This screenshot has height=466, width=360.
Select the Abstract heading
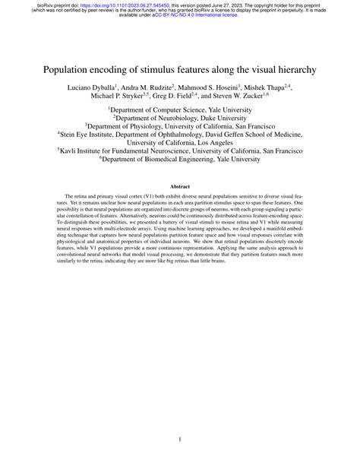pyautogui.click(x=180, y=186)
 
